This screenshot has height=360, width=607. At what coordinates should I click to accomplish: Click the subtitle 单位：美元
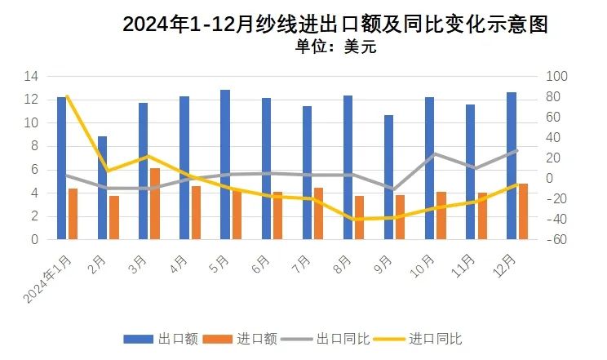tap(335, 47)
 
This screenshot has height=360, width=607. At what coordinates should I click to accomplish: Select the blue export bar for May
tap(225, 164)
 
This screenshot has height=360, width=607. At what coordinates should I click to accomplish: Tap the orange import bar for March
tap(155, 203)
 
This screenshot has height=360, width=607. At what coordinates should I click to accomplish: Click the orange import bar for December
tap(523, 211)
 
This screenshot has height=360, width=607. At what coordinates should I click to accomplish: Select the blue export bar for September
tap(388, 177)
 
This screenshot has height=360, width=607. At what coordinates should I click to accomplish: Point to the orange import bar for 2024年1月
tap(73, 214)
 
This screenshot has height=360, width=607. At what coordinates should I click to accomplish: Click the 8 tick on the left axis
tap(35, 146)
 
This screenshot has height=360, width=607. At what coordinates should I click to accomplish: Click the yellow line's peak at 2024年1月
tap(66, 96)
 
